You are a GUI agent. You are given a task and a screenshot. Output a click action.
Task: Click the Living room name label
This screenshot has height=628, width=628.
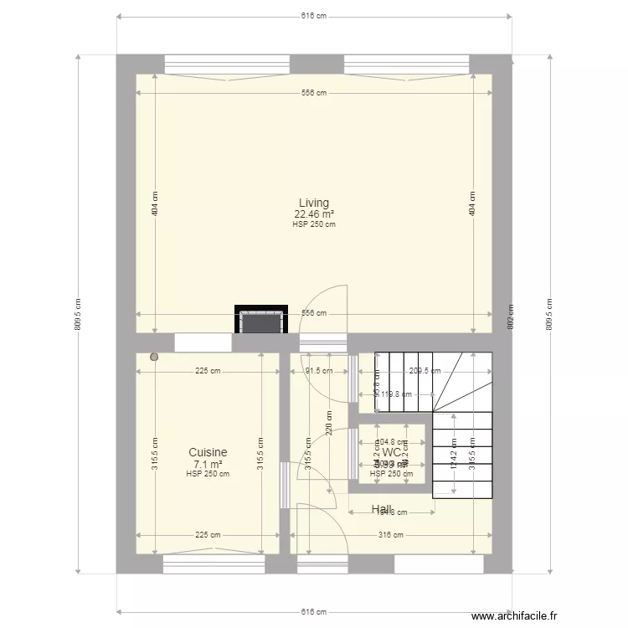[x=314, y=203]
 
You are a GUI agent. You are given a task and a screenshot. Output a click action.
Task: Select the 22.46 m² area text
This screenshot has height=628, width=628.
[x=314, y=214]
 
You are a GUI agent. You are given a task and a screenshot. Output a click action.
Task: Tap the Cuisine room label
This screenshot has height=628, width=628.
[x=208, y=452]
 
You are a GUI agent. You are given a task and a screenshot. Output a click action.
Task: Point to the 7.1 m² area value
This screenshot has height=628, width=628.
[x=208, y=464]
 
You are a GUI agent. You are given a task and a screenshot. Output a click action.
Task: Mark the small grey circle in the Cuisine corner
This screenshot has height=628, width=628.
[x=154, y=358]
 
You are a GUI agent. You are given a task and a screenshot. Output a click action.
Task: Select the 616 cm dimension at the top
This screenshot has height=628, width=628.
[x=314, y=16]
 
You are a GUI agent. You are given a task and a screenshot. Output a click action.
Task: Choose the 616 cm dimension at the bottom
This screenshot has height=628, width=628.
[x=314, y=612]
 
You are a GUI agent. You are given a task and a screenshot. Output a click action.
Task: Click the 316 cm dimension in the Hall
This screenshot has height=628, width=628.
[x=391, y=535]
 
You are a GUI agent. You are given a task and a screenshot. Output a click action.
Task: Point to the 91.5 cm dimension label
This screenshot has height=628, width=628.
[x=319, y=371]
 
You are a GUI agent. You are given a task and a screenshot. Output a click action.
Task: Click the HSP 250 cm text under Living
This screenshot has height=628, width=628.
[x=314, y=224]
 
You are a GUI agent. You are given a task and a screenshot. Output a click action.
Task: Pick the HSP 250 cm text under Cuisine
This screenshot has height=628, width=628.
[x=208, y=474]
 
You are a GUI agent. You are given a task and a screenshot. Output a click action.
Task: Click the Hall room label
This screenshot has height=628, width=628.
[x=382, y=508]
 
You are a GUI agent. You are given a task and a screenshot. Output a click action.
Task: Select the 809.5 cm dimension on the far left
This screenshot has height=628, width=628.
[x=78, y=314]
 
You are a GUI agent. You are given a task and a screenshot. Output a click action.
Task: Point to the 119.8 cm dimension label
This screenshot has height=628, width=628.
[x=395, y=394]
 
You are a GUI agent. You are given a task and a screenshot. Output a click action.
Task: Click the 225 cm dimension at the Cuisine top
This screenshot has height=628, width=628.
[x=208, y=371]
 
